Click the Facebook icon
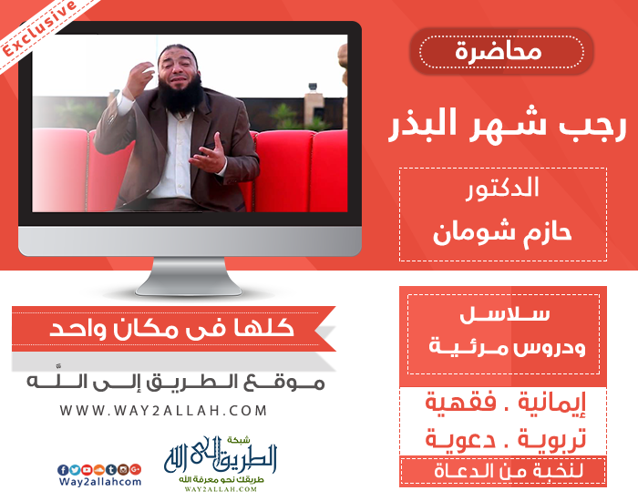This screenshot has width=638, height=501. pos(63,470)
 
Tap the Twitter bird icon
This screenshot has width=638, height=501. pos(75,470)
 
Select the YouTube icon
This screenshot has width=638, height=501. pos(87,470)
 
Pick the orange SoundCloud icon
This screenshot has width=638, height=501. pos(98,470)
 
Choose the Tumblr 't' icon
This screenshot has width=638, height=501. pos(111,470)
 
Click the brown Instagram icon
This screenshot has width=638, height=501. pos(123,470)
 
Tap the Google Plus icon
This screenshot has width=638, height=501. pos(135,470)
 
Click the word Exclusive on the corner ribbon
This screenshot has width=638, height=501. pos(39,27)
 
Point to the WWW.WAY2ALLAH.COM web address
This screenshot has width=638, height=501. pos(163,410)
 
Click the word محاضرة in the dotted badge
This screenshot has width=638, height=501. pos(499,52)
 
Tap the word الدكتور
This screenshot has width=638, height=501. pos(502,189)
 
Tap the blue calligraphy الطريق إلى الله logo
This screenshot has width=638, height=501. pos(221,458)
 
